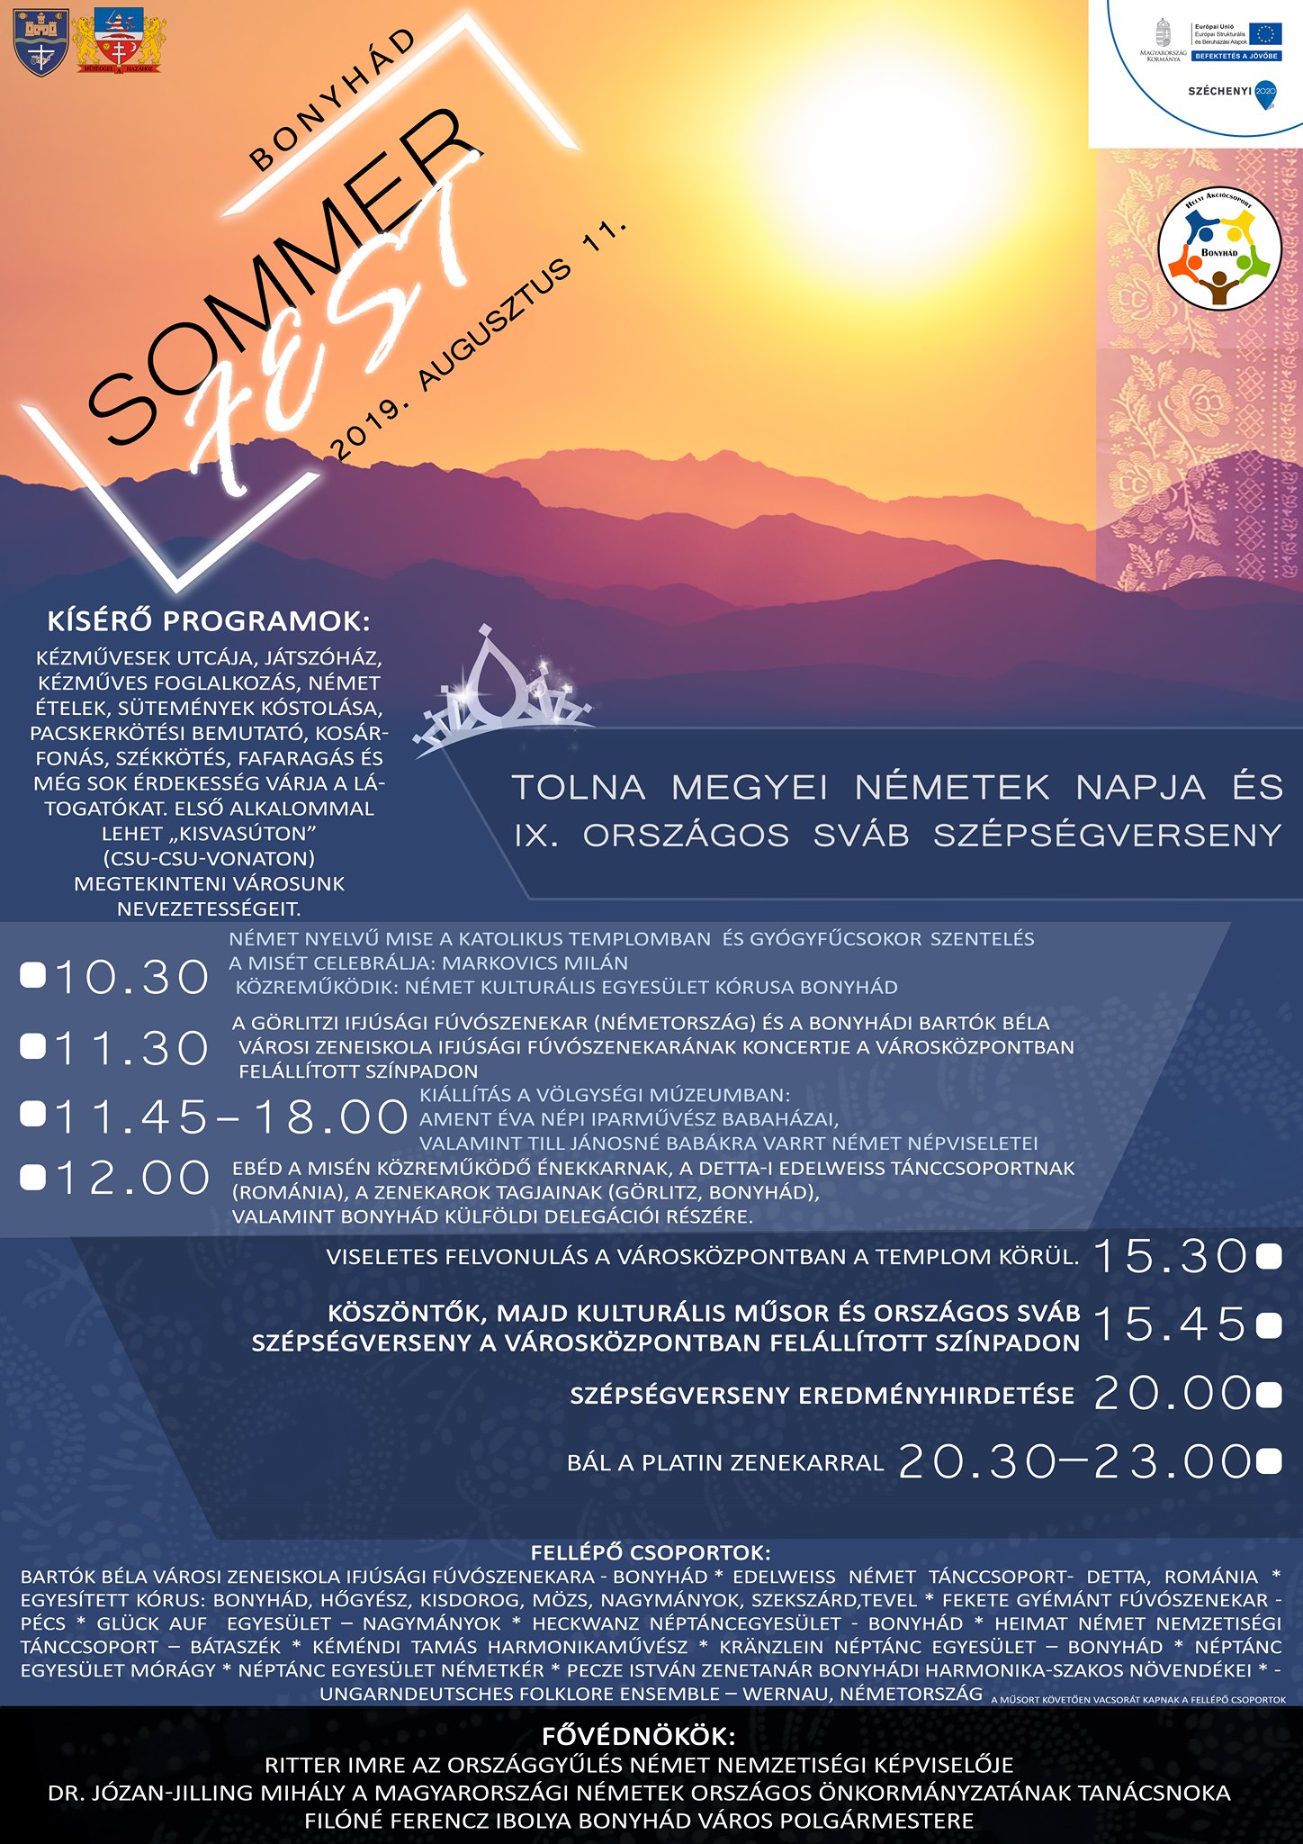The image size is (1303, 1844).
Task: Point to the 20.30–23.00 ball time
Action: coord(1074,1461)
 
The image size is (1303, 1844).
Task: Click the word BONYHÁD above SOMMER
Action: coord(333,100)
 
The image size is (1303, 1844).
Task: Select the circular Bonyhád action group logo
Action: coord(1218,251)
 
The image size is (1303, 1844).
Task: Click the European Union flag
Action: coord(1264,34)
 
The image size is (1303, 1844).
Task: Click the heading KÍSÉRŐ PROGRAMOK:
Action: coord(208,622)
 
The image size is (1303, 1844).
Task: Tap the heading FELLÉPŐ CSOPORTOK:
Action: coord(651,1552)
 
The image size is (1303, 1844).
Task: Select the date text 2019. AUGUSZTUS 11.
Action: coord(477,339)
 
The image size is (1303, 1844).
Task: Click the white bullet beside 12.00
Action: coord(32,1178)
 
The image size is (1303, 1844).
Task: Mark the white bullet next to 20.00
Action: coord(1269,1396)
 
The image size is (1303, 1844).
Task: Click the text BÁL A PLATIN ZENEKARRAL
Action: coord(725,1463)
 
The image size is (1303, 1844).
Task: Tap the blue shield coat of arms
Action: coord(40,45)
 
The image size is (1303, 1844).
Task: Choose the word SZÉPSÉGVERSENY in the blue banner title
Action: coord(1107,836)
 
